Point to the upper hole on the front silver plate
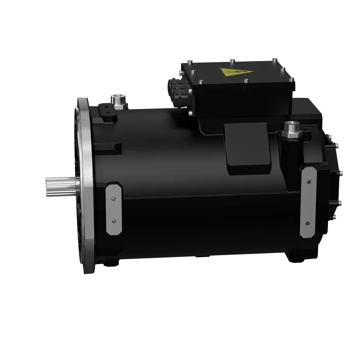click(x=113, y=199)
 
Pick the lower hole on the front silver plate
click(x=113, y=221)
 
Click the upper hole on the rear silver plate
click(x=308, y=182)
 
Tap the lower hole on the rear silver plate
click(x=308, y=223)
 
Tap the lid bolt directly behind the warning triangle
click(x=231, y=61)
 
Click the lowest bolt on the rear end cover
click(x=334, y=217)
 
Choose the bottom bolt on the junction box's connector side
click(x=190, y=114)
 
